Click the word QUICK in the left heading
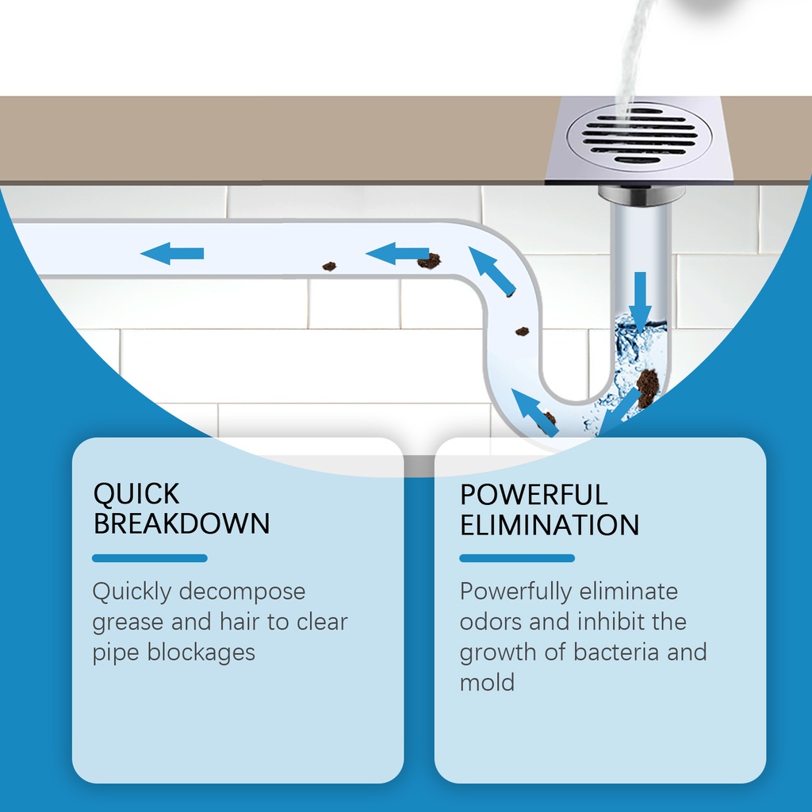[x=136, y=494]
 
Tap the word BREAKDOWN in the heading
[x=182, y=523]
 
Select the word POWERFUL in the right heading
[x=534, y=495]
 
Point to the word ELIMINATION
[x=550, y=525]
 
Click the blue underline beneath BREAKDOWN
[x=150, y=558]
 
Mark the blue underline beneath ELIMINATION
[x=517, y=558]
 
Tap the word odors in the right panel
[x=489, y=622]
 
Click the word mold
[x=488, y=683]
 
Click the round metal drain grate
[x=639, y=136]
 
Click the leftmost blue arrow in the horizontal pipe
[x=172, y=253]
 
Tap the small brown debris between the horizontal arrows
[x=329, y=266]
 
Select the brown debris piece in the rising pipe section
[x=522, y=331]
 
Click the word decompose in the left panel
[x=243, y=592]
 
